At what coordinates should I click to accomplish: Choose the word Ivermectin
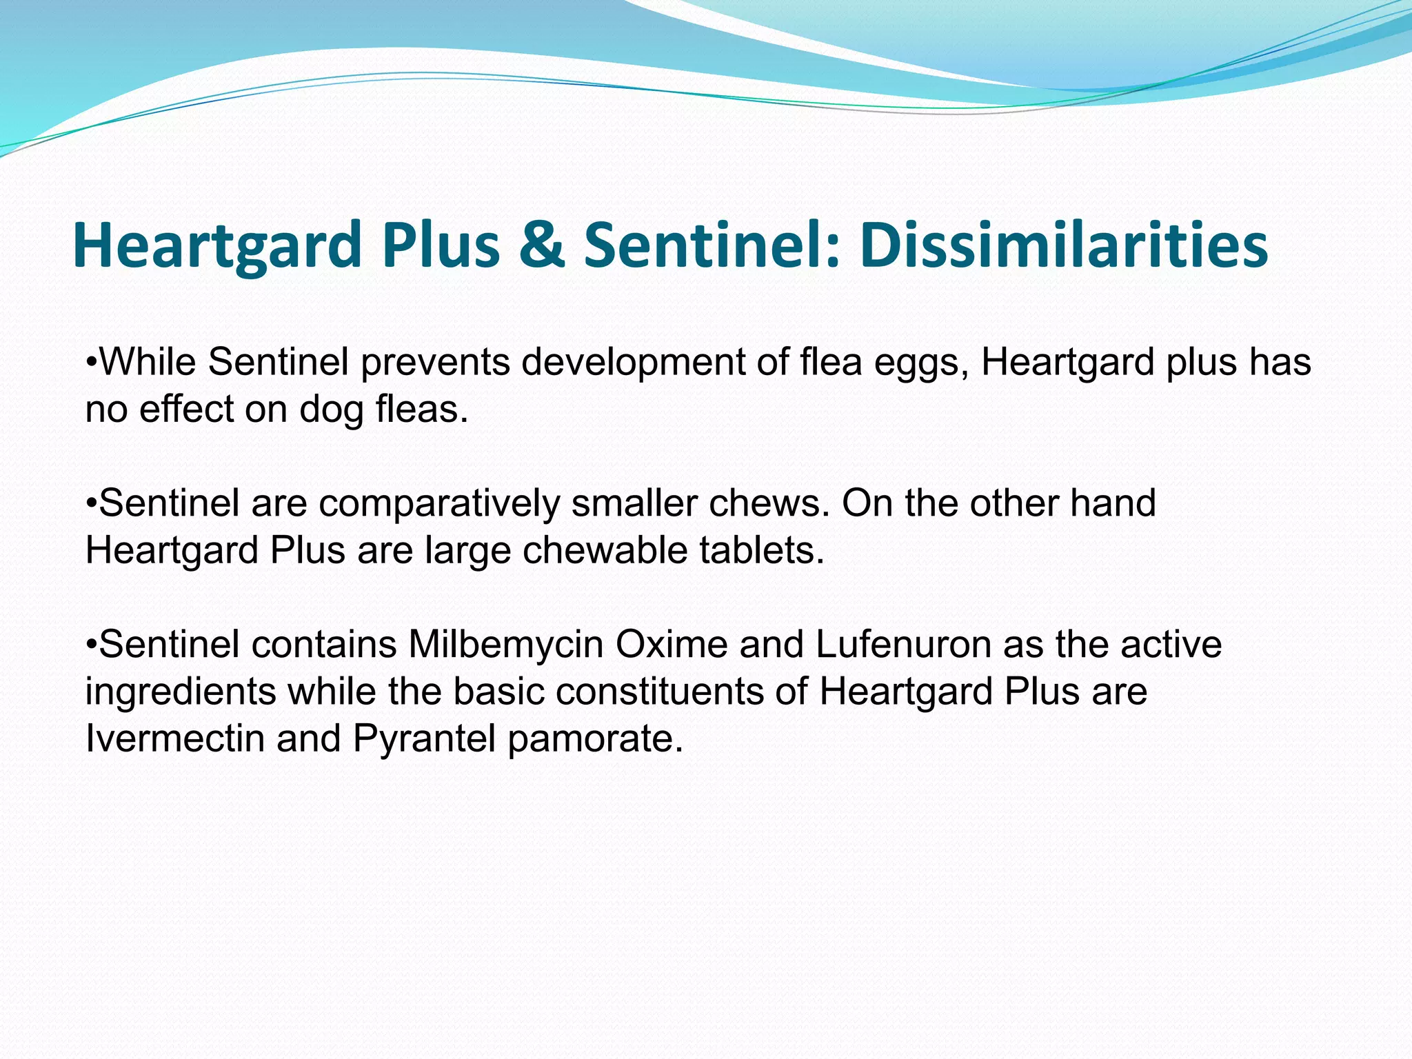pos(175,738)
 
